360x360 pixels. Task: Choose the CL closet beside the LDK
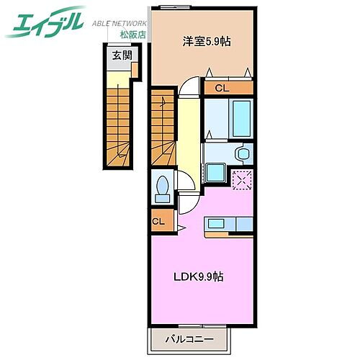click(158, 222)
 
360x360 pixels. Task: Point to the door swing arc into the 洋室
click(189, 86)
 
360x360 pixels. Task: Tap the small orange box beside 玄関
click(134, 69)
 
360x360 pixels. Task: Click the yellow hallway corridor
click(189, 137)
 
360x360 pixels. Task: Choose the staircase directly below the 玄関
click(120, 119)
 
